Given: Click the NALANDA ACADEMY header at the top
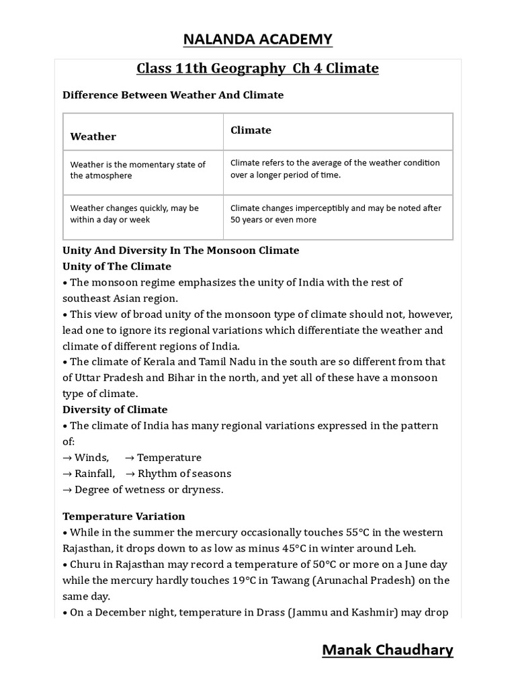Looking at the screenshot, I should coord(258,40).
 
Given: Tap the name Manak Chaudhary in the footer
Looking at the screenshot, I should coord(388,650).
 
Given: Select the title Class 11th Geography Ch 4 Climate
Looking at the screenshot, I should coord(258,69).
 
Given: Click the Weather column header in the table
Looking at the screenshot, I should coord(93,136).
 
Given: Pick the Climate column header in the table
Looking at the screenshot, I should coord(251,130).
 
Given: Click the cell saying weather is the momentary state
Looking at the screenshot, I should coord(138,170).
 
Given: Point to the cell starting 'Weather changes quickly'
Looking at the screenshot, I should coord(134,214).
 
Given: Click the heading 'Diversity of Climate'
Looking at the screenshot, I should coord(115,409).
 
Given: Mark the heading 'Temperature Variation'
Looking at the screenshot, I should coord(124,517).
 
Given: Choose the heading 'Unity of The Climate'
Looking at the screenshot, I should coord(112,266).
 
